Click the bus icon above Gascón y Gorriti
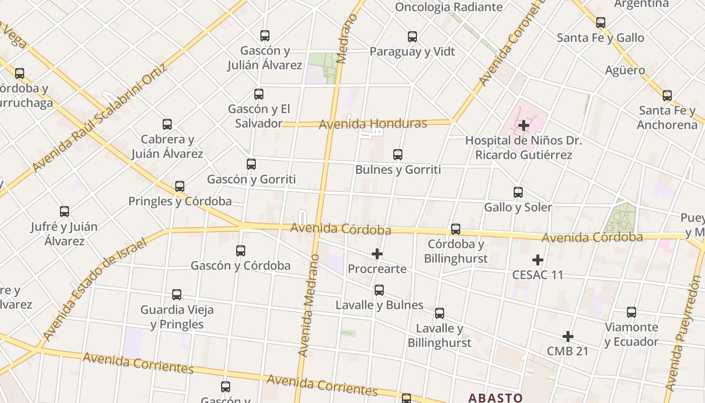(x=251, y=164)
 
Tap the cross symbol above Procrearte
(x=377, y=254)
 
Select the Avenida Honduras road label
(x=373, y=123)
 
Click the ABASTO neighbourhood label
(x=495, y=397)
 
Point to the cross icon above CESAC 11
(x=538, y=260)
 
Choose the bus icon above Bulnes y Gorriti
(x=398, y=155)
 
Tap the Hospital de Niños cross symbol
(x=524, y=125)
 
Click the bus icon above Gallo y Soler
(x=518, y=192)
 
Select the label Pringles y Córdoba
(x=180, y=201)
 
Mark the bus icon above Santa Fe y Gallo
(x=600, y=23)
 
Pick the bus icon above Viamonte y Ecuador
(x=631, y=312)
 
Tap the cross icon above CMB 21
(x=568, y=337)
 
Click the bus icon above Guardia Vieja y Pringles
(x=177, y=295)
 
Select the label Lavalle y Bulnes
(x=379, y=305)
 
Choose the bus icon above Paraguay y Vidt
(x=412, y=37)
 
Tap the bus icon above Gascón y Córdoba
(x=241, y=251)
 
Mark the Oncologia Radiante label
(x=448, y=7)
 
